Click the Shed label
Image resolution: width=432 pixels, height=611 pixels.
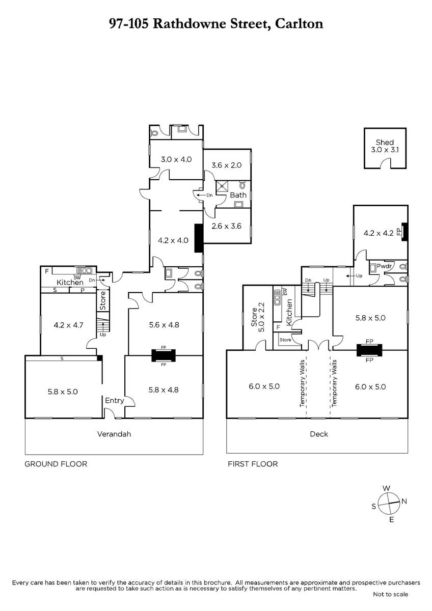tap(385, 142)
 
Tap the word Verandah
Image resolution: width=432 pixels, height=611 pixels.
tap(114, 434)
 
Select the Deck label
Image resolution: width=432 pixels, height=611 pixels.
tap(319, 434)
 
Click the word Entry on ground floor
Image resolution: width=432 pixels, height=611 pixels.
tap(115, 400)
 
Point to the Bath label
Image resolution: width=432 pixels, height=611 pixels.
tap(238, 195)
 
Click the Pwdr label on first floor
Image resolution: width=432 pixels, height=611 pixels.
tap(384, 266)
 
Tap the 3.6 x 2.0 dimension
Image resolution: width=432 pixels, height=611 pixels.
tap(227, 165)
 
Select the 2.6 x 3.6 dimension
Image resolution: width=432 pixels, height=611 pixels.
tap(227, 226)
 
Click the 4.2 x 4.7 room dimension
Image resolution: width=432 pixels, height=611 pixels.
tap(68, 325)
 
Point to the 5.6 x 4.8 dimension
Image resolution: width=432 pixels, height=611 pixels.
tap(164, 325)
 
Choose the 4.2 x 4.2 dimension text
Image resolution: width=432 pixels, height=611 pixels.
tap(379, 233)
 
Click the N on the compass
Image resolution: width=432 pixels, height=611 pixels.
tap(404, 501)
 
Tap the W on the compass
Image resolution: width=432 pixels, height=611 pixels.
tap(387, 488)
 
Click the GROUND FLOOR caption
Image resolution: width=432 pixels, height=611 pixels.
tap(56, 464)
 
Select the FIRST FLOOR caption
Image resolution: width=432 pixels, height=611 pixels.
tap(253, 464)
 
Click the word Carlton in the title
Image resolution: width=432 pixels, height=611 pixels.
tap(299, 23)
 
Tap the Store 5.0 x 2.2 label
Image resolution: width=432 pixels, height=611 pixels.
tap(258, 317)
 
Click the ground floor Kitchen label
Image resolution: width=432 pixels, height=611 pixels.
tap(70, 282)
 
